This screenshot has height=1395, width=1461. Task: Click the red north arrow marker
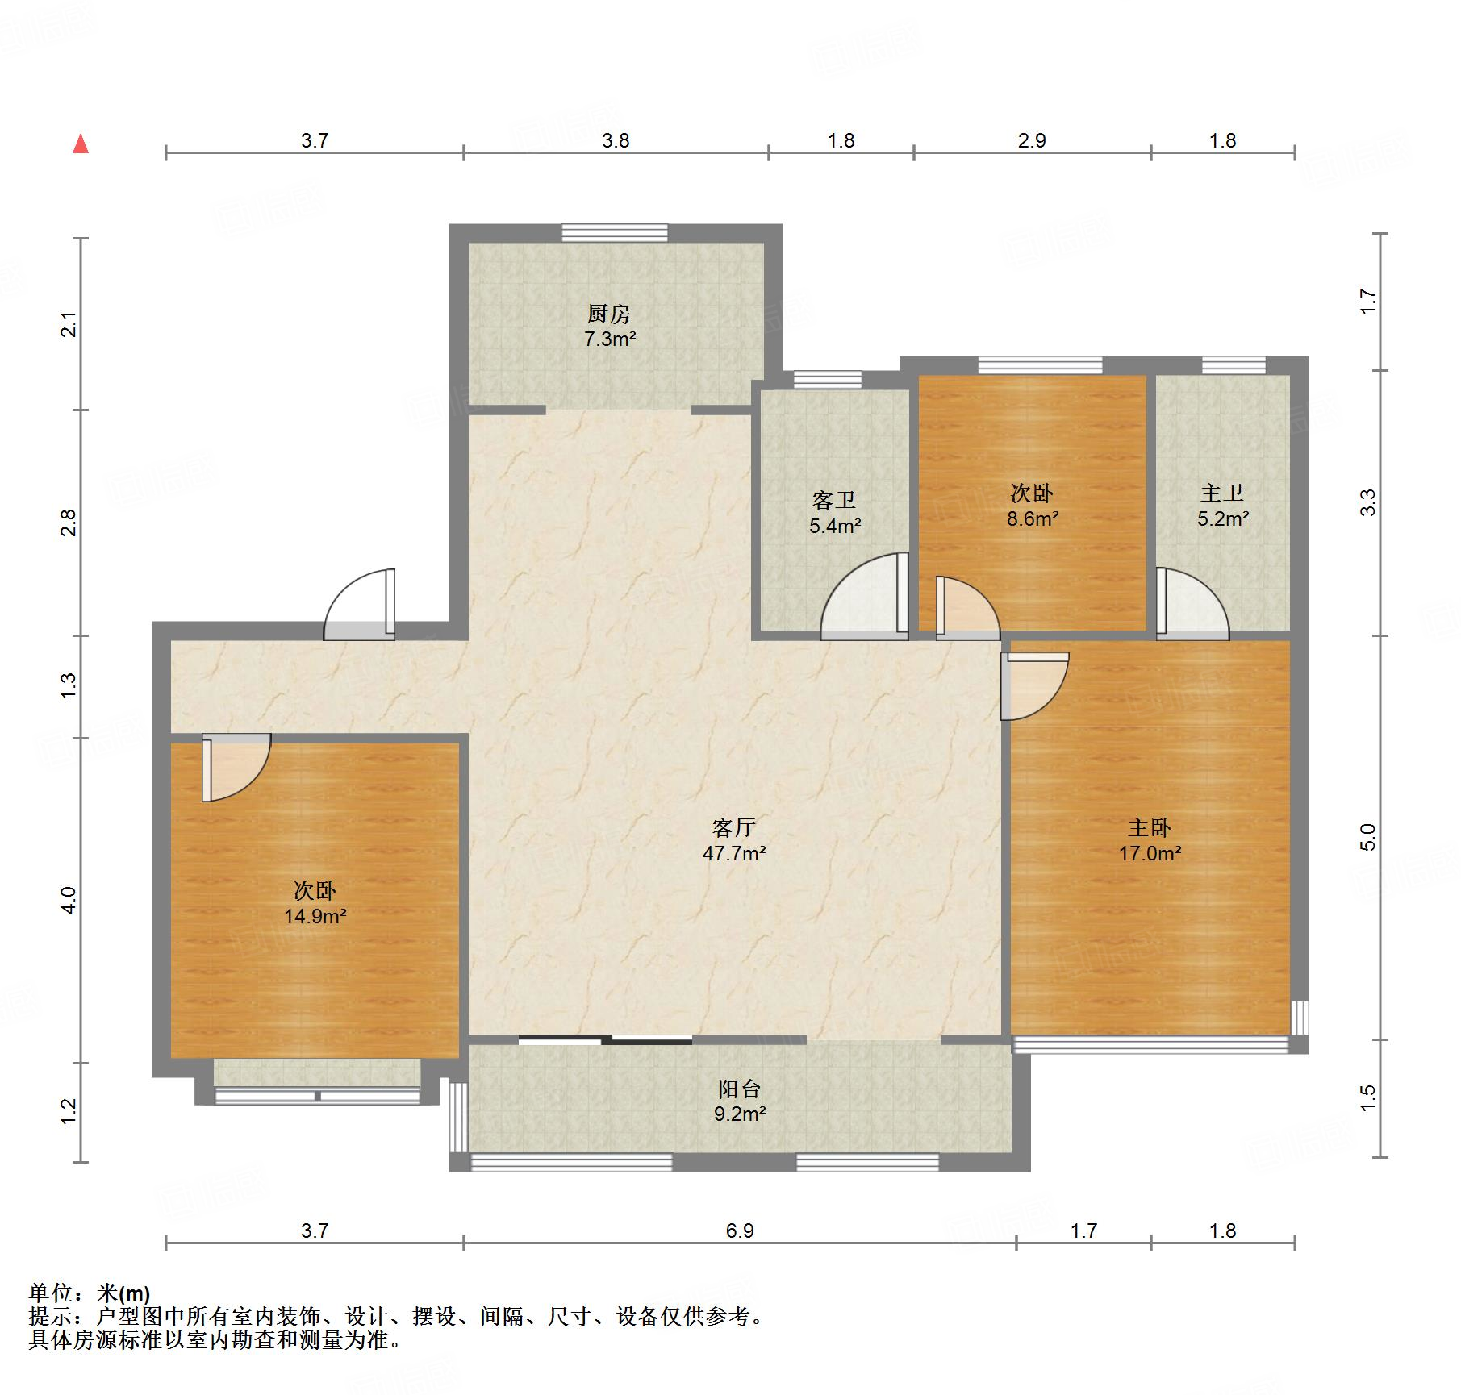[81, 144]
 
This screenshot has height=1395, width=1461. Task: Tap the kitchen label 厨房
[609, 313]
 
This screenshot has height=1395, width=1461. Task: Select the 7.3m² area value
[610, 339]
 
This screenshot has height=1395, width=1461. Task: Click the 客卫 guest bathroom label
[834, 501]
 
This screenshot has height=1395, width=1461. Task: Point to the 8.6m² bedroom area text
[1033, 518]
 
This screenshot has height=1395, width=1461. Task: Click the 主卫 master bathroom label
[1222, 493]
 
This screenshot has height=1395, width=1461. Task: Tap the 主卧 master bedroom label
[1150, 827]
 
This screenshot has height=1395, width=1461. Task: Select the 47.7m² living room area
[734, 853]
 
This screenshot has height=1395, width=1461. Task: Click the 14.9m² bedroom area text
[315, 916]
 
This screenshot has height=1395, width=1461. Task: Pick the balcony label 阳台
[740, 1089]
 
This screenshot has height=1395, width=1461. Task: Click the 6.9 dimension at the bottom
[740, 1231]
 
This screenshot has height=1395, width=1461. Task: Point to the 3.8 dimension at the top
[616, 140]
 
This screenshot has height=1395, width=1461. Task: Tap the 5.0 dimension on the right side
[1367, 837]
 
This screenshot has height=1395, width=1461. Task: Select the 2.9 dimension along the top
[1032, 140]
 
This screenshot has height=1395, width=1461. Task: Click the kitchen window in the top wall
[615, 233]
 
